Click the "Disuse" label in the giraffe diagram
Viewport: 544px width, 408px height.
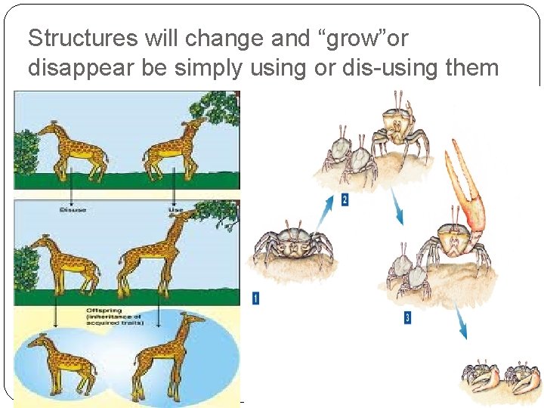pyautogui.click(x=73, y=210)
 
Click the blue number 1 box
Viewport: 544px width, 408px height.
pyautogui.click(x=255, y=298)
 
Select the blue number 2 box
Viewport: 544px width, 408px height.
pyautogui.click(x=345, y=200)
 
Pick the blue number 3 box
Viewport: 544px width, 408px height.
pyautogui.click(x=407, y=317)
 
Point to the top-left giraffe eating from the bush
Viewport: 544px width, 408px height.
pyautogui.click(x=68, y=147)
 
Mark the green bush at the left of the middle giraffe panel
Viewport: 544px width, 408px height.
pyautogui.click(x=25, y=268)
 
